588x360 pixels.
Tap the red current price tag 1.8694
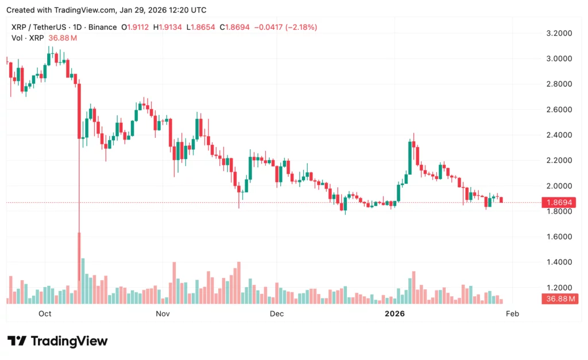[x=559, y=203]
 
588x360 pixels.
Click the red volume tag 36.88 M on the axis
[x=559, y=299]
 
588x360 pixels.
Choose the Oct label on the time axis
[x=45, y=313]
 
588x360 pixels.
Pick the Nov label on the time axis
[x=163, y=313]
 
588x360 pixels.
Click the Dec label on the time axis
[x=277, y=313]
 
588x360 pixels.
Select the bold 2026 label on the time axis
[x=394, y=313]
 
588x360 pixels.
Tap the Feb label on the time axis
[x=512, y=313]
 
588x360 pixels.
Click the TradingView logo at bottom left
[x=57, y=341]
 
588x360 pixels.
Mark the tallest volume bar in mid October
[x=83, y=281]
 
